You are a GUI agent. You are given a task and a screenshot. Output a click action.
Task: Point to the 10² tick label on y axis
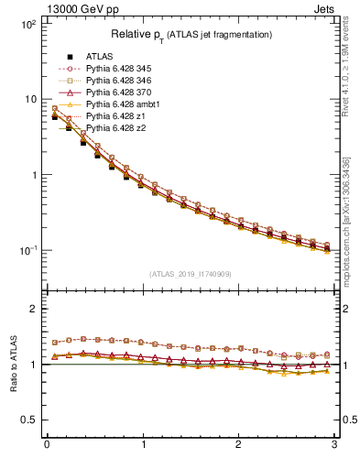pyautogui.click(x=28, y=24)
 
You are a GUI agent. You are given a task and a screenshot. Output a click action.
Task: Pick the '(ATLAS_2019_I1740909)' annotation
pyautogui.click(x=191, y=274)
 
